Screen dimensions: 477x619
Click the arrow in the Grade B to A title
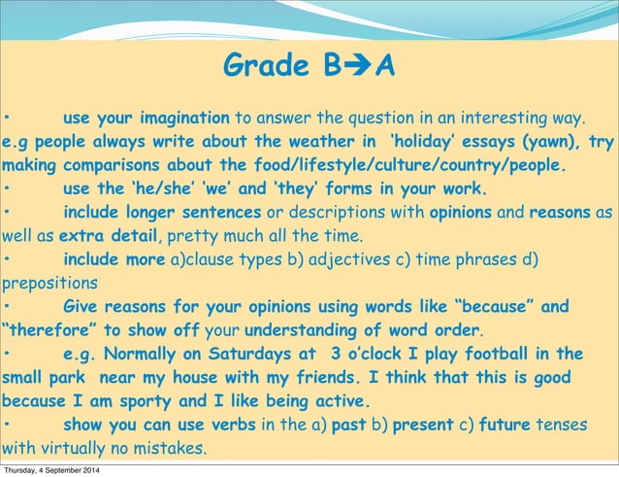358,67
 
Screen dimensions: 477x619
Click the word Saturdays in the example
244,354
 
